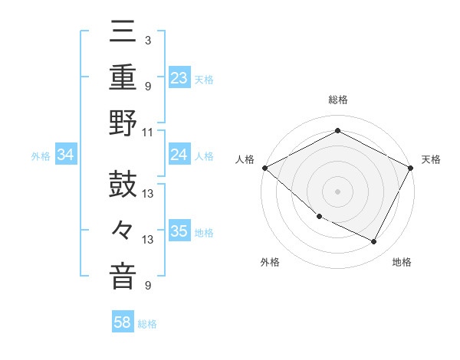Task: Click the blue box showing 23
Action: (x=179, y=78)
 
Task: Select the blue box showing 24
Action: (x=179, y=155)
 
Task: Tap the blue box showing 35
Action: (x=179, y=232)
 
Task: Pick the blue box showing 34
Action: (x=66, y=155)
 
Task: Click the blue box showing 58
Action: (x=123, y=323)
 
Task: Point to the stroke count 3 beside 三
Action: (x=147, y=39)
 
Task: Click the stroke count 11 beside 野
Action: (x=148, y=132)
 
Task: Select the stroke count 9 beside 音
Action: (x=147, y=286)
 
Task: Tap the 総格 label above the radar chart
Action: (x=337, y=100)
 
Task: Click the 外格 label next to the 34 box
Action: (x=41, y=156)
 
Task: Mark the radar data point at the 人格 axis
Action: (x=264, y=168)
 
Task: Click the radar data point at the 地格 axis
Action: (x=374, y=242)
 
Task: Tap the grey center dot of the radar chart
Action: (x=337, y=191)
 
